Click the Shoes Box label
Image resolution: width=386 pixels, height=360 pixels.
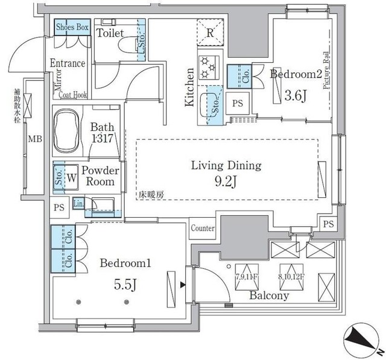pyautogui.click(x=73, y=27)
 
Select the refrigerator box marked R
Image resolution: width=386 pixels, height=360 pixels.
pyautogui.click(x=208, y=34)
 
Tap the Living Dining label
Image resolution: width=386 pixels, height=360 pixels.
pyautogui.click(x=226, y=165)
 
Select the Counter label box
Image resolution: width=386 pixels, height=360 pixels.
pyautogui.click(x=203, y=228)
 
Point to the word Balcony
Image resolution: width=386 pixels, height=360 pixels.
pyautogui.click(x=270, y=295)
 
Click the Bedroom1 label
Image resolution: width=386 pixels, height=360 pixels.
pyautogui.click(x=125, y=263)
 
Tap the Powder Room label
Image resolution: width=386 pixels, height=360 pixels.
pyautogui.click(x=100, y=175)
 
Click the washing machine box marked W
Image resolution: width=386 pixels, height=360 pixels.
pyautogui.click(x=71, y=177)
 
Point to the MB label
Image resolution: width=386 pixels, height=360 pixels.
pyautogui.click(x=36, y=140)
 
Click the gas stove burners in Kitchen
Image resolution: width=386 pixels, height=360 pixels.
pyautogui.click(x=209, y=67)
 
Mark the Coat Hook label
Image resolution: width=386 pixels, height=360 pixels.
pyautogui.click(x=74, y=94)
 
